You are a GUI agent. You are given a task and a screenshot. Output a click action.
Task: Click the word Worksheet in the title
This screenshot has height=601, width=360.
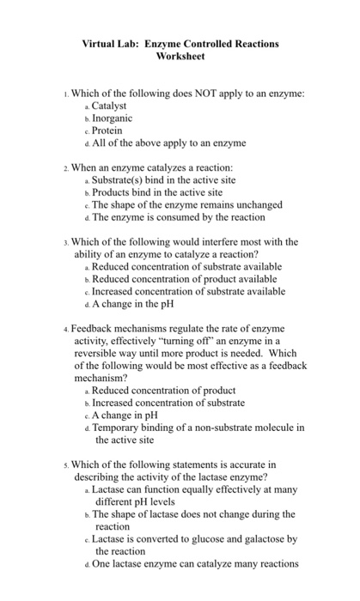(x=180, y=56)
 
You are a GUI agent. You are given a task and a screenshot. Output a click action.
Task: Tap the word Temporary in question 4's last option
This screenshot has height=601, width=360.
(x=118, y=427)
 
